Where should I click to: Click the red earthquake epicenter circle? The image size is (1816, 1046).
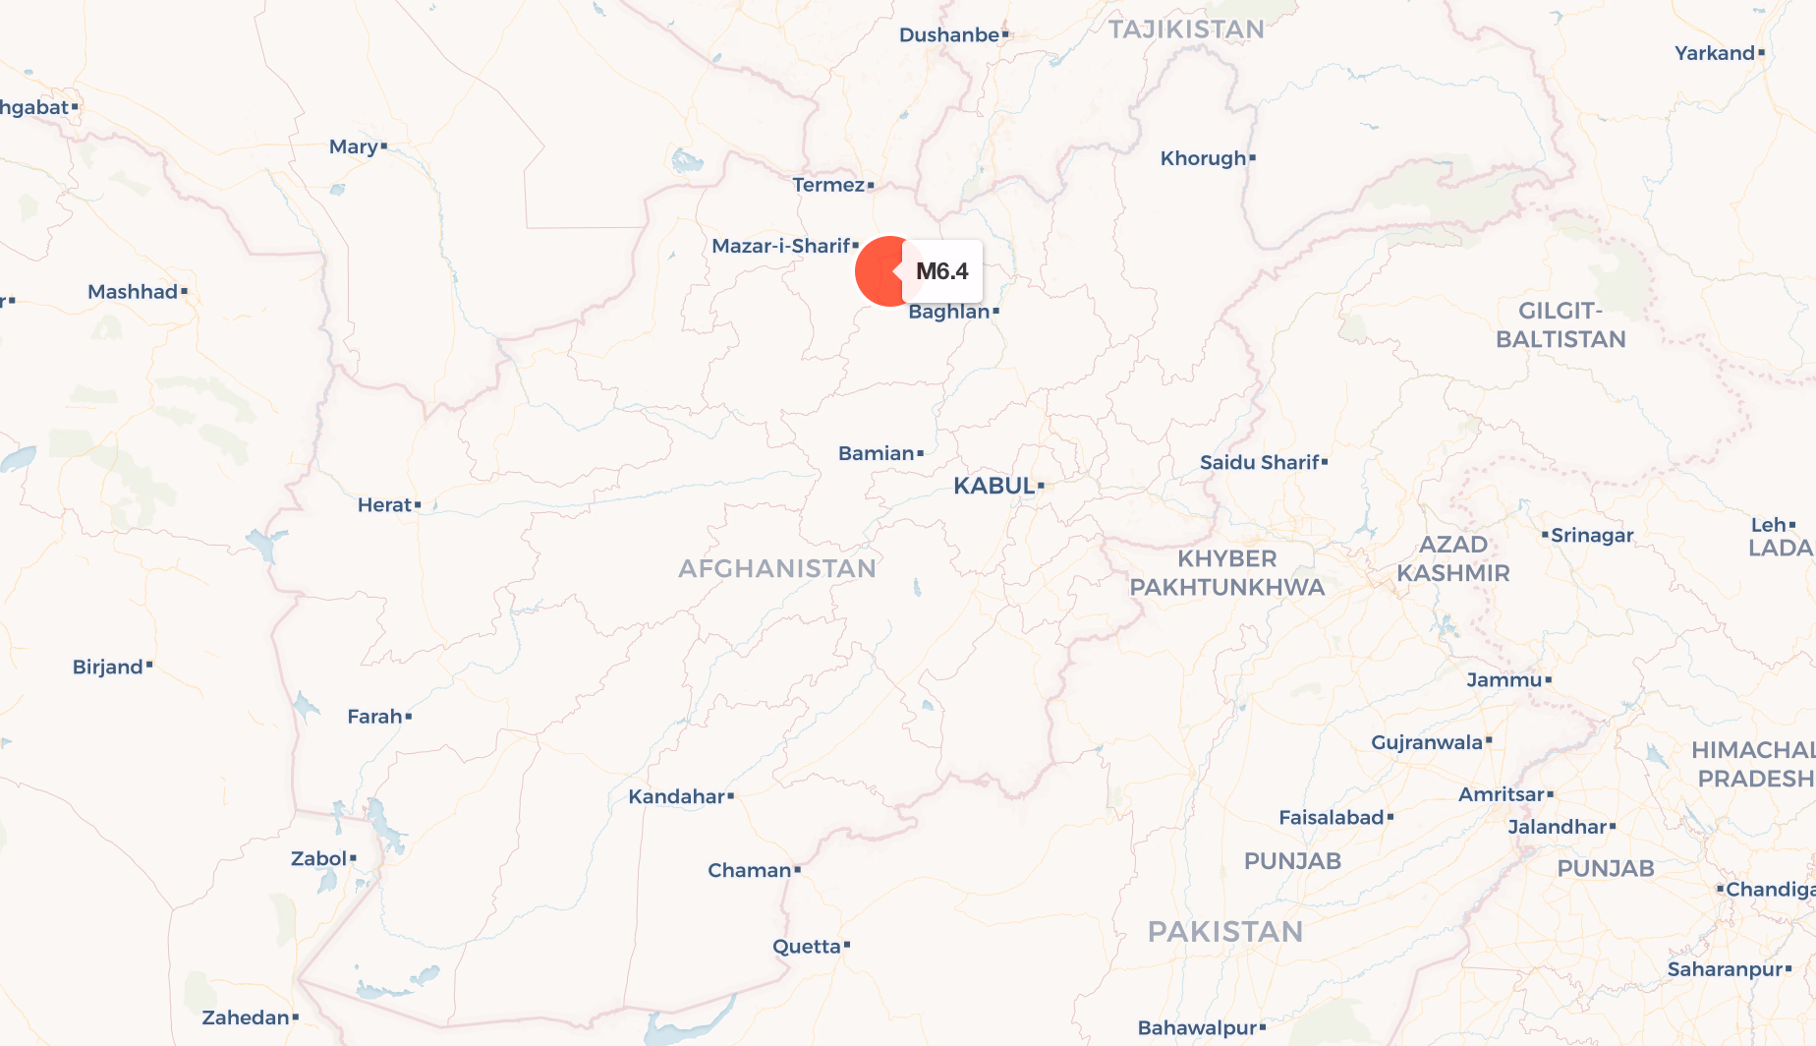coord(880,271)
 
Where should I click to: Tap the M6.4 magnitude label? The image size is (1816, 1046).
coord(941,271)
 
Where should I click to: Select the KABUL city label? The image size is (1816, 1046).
coord(993,486)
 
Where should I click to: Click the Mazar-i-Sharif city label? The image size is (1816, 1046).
coord(780,246)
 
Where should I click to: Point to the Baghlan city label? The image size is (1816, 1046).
coord(948,312)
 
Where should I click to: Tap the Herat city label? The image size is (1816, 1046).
coord(384,505)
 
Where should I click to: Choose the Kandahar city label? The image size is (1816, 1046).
coord(676,796)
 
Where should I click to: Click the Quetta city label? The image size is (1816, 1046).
coord(806,947)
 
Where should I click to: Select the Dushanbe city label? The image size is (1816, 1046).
coord(948,35)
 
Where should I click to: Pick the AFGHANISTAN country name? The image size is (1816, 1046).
coord(776,568)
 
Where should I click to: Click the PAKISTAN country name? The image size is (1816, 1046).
coord(1224,931)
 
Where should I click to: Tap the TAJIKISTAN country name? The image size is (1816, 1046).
coord(1186,29)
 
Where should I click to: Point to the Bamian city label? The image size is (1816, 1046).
coord(876,453)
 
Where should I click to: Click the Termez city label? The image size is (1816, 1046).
coord(828,185)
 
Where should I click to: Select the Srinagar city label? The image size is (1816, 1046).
coord(1592,535)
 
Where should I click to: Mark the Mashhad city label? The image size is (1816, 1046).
coord(133,292)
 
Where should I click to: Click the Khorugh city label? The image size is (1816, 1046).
coord(1203,158)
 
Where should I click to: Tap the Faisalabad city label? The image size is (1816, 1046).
coord(1331,817)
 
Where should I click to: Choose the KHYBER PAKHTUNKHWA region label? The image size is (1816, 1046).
coord(1226,572)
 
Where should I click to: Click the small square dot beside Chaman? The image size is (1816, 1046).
coord(798,870)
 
